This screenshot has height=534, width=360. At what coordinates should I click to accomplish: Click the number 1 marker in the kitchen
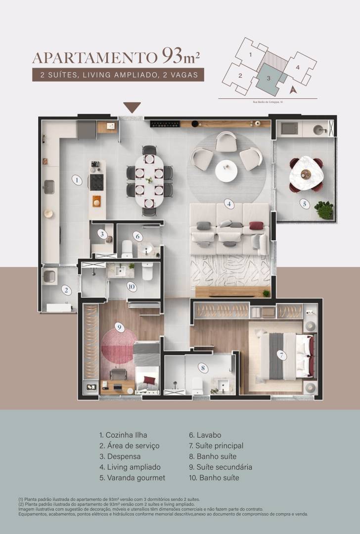[76, 180]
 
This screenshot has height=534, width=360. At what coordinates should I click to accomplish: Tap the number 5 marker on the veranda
[305, 203]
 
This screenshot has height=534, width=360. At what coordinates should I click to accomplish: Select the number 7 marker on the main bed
[280, 355]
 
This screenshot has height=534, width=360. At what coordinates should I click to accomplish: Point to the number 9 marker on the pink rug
[118, 326]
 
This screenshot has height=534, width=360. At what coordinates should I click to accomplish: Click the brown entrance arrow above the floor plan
[132, 107]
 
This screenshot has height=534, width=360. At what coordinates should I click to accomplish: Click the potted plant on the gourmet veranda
[324, 209]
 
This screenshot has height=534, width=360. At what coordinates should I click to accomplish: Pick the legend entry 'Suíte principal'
[216, 445]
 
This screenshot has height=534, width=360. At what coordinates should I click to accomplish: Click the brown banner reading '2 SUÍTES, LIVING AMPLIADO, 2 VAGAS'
[118, 76]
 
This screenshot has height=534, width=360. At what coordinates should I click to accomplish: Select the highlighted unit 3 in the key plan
[269, 78]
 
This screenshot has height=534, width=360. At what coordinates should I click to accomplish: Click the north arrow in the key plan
[292, 89]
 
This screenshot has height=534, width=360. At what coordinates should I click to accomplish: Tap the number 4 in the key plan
[298, 67]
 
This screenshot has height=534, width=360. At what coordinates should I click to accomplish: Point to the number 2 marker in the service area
[65, 290]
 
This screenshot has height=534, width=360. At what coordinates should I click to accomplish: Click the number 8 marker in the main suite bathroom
[202, 367]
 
